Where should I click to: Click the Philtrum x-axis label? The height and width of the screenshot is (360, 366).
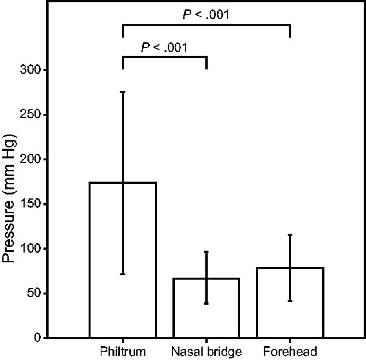pyautogui.click(x=123, y=352)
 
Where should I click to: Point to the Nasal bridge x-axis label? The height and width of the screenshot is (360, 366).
pyautogui.click(x=206, y=352)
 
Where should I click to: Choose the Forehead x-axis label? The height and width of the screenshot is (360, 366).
pyautogui.click(x=290, y=352)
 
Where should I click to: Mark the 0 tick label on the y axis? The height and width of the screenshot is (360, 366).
pyautogui.click(x=36, y=338)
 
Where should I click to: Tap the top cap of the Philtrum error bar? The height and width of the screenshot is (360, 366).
pyautogui.click(x=123, y=92)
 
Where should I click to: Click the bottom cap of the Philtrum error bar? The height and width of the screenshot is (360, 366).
pyautogui.click(x=123, y=274)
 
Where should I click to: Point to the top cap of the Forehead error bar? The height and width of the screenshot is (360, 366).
pyautogui.click(x=290, y=234)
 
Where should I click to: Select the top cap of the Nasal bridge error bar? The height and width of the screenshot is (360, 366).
pyautogui.click(x=206, y=252)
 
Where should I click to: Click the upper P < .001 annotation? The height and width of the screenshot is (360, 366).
pyautogui.click(x=206, y=15)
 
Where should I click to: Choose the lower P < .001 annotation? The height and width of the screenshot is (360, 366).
pyautogui.click(x=164, y=47)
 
